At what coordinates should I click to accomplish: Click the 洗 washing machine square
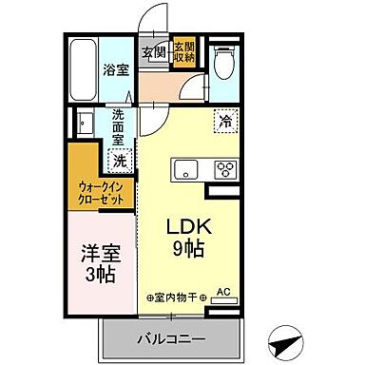point(122,160)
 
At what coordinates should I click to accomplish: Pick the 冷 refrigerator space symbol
point(224,122)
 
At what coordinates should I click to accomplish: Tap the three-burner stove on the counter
point(226,170)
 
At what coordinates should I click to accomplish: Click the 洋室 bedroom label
point(99,254)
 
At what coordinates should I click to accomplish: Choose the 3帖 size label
point(99,278)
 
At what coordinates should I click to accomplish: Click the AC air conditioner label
point(223,292)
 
